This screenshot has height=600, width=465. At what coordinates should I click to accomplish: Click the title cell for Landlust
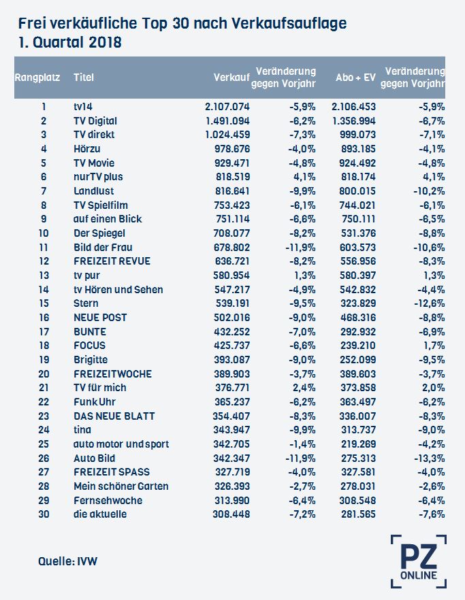coord(93,191)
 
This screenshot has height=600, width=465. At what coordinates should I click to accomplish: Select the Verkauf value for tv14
coord(227,107)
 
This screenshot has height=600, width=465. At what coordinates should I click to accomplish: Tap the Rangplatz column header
coord(37,78)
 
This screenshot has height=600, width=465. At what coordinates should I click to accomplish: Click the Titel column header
coord(84,78)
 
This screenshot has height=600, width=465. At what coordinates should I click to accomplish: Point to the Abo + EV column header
coord(355,78)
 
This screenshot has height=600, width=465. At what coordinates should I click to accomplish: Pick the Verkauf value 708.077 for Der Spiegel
coord(231,233)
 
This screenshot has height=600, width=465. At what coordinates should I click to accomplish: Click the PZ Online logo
coord(419,561)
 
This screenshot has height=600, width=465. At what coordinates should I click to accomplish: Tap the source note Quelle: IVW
coord(67,561)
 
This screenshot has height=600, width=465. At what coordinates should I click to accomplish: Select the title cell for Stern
coord(86,303)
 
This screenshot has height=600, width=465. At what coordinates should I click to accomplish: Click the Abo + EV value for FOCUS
coord(358,346)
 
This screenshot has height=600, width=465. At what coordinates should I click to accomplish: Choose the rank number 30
coord(44,514)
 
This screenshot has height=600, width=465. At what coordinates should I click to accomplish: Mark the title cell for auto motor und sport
coord(121,444)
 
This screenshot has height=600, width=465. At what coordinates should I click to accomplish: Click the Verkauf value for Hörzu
coord(232,149)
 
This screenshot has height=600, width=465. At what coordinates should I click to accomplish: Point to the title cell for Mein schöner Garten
coord(121,486)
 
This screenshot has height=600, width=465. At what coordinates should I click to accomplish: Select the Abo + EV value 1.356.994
coord(353,121)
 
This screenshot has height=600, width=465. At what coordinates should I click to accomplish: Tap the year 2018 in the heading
coord(105,42)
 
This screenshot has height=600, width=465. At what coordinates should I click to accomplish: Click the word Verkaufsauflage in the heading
coord(289,24)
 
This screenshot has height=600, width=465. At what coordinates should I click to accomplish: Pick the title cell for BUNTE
coord(90,332)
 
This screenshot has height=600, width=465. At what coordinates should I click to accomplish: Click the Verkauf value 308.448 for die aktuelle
coord(231,514)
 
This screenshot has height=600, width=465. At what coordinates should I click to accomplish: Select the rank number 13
coord(44,275)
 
